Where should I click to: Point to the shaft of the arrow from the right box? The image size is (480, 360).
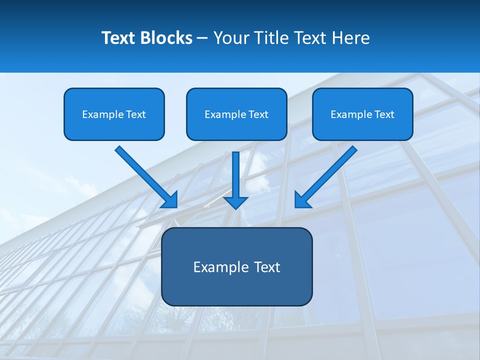click(332, 172)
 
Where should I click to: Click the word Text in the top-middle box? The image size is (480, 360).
click(258, 114)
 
